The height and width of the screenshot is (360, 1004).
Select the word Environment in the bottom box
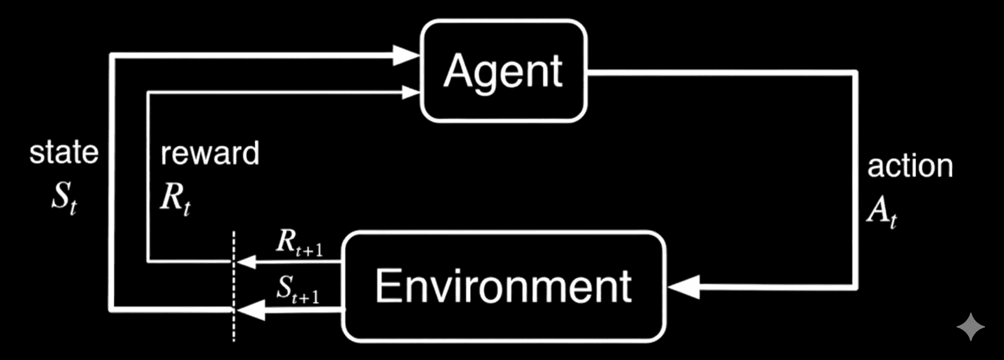[x=503, y=286]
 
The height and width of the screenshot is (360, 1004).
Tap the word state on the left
[x=64, y=153]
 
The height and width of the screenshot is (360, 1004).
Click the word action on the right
[x=910, y=166]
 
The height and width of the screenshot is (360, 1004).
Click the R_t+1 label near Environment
[x=300, y=243]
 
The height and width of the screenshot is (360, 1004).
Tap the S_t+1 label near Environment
[x=298, y=290]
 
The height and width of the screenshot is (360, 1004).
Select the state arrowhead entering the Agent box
[x=407, y=56]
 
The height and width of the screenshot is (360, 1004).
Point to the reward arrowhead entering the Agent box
[x=411, y=92]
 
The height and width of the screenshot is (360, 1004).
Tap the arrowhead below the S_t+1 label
[x=250, y=309]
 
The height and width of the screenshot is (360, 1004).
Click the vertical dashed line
[x=234, y=284]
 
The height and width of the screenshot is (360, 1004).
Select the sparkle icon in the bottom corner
[x=971, y=327]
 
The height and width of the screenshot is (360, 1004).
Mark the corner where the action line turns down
[x=855, y=73]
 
